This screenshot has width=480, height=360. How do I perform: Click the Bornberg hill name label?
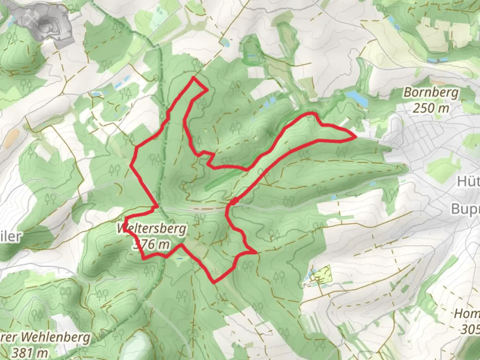pyautogui.click(x=431, y=92)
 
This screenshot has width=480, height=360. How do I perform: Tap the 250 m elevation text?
pyautogui.click(x=431, y=108)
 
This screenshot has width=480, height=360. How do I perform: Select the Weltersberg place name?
pyautogui.click(x=152, y=229)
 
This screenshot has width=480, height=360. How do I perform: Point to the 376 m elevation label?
pyautogui.click(x=151, y=244)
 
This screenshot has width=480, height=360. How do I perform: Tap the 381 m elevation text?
pyautogui.click(x=30, y=352)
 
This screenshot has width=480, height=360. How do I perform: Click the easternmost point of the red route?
pyautogui.click(x=355, y=137)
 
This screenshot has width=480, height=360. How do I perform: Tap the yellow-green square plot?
pyautogui.click(x=322, y=274)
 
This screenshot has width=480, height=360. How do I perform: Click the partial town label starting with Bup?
pyautogui.click(x=465, y=209)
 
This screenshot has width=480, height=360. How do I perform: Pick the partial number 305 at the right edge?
pyautogui.click(x=470, y=329)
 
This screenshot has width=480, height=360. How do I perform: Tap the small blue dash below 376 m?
pyautogui.click(x=180, y=258)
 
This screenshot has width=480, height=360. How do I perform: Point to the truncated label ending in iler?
pyautogui.click(x=11, y=237)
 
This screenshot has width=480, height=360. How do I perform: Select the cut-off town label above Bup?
pyautogui.click(x=468, y=182)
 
